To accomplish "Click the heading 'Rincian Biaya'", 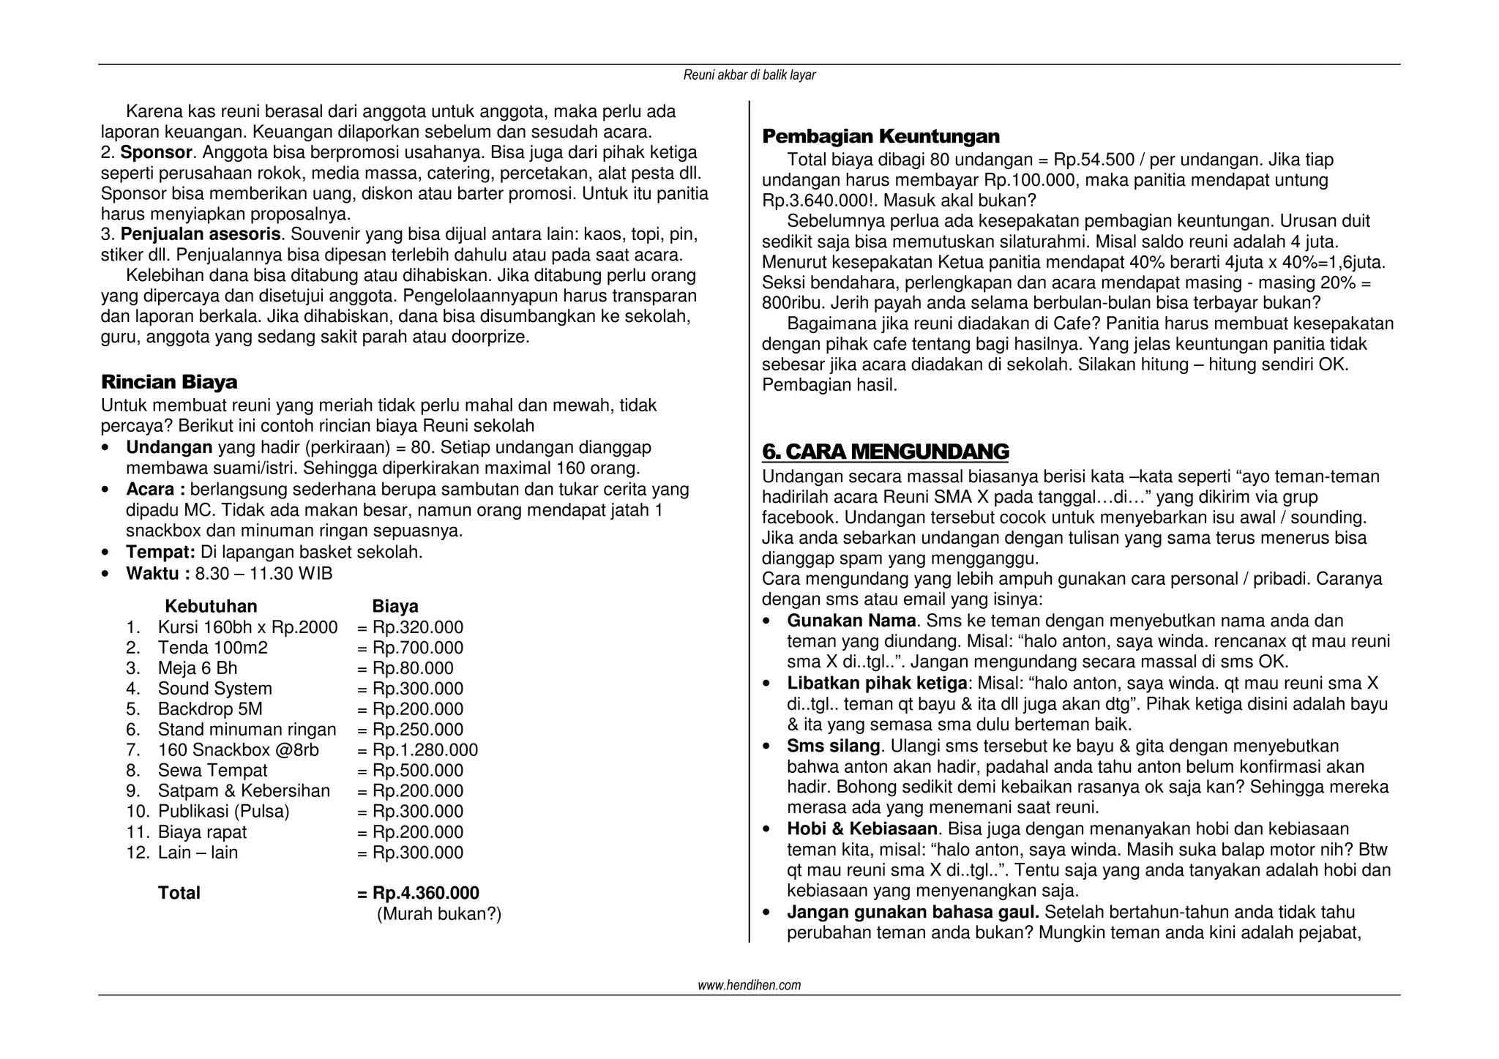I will click(x=169, y=383).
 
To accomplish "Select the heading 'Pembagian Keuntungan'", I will click(x=881, y=137).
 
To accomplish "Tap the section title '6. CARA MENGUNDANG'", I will click(x=885, y=452).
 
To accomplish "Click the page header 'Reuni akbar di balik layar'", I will click(x=749, y=75).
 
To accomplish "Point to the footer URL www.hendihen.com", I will click(x=749, y=985).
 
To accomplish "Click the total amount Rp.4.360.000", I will click(x=425, y=893).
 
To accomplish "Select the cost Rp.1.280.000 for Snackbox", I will click(x=425, y=750).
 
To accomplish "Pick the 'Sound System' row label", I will click(x=214, y=689).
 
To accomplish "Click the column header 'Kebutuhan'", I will click(x=211, y=607).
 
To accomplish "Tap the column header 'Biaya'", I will click(x=395, y=607).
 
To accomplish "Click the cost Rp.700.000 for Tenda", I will click(x=417, y=648).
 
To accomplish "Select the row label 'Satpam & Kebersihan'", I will click(x=244, y=791).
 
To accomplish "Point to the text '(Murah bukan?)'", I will click(x=438, y=914).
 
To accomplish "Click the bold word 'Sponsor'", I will click(x=155, y=153).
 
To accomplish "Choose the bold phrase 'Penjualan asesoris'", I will click(x=200, y=235).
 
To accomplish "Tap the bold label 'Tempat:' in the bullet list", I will click(x=160, y=553).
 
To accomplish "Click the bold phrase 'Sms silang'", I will click(x=834, y=746).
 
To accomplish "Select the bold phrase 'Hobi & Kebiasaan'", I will click(x=862, y=829).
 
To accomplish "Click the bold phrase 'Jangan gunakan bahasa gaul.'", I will click(x=913, y=913).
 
